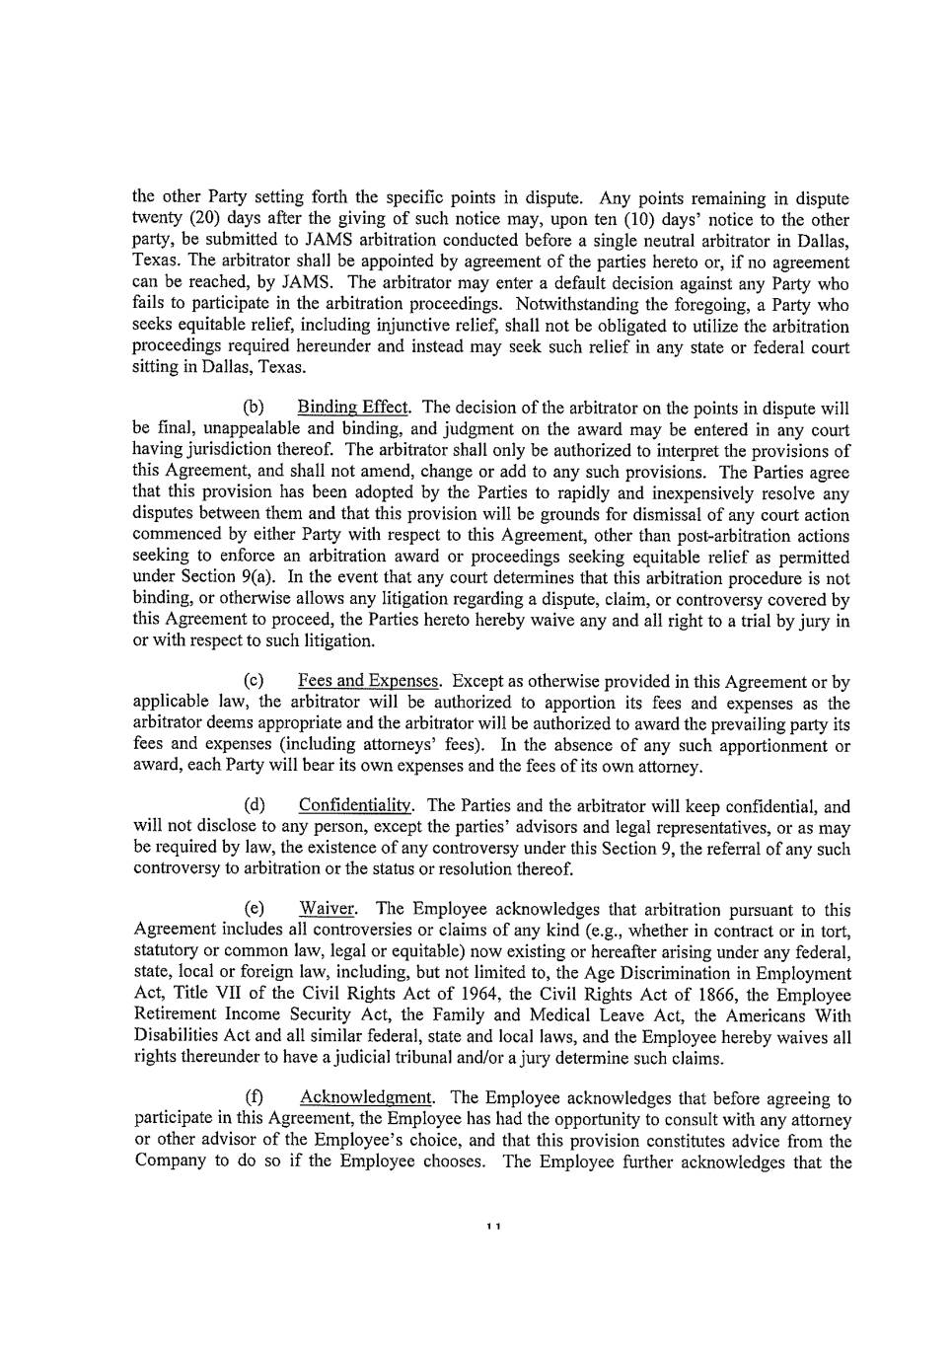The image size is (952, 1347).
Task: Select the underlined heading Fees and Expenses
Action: coord(369,682)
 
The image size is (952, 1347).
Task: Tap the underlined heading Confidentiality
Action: coord(356,806)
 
